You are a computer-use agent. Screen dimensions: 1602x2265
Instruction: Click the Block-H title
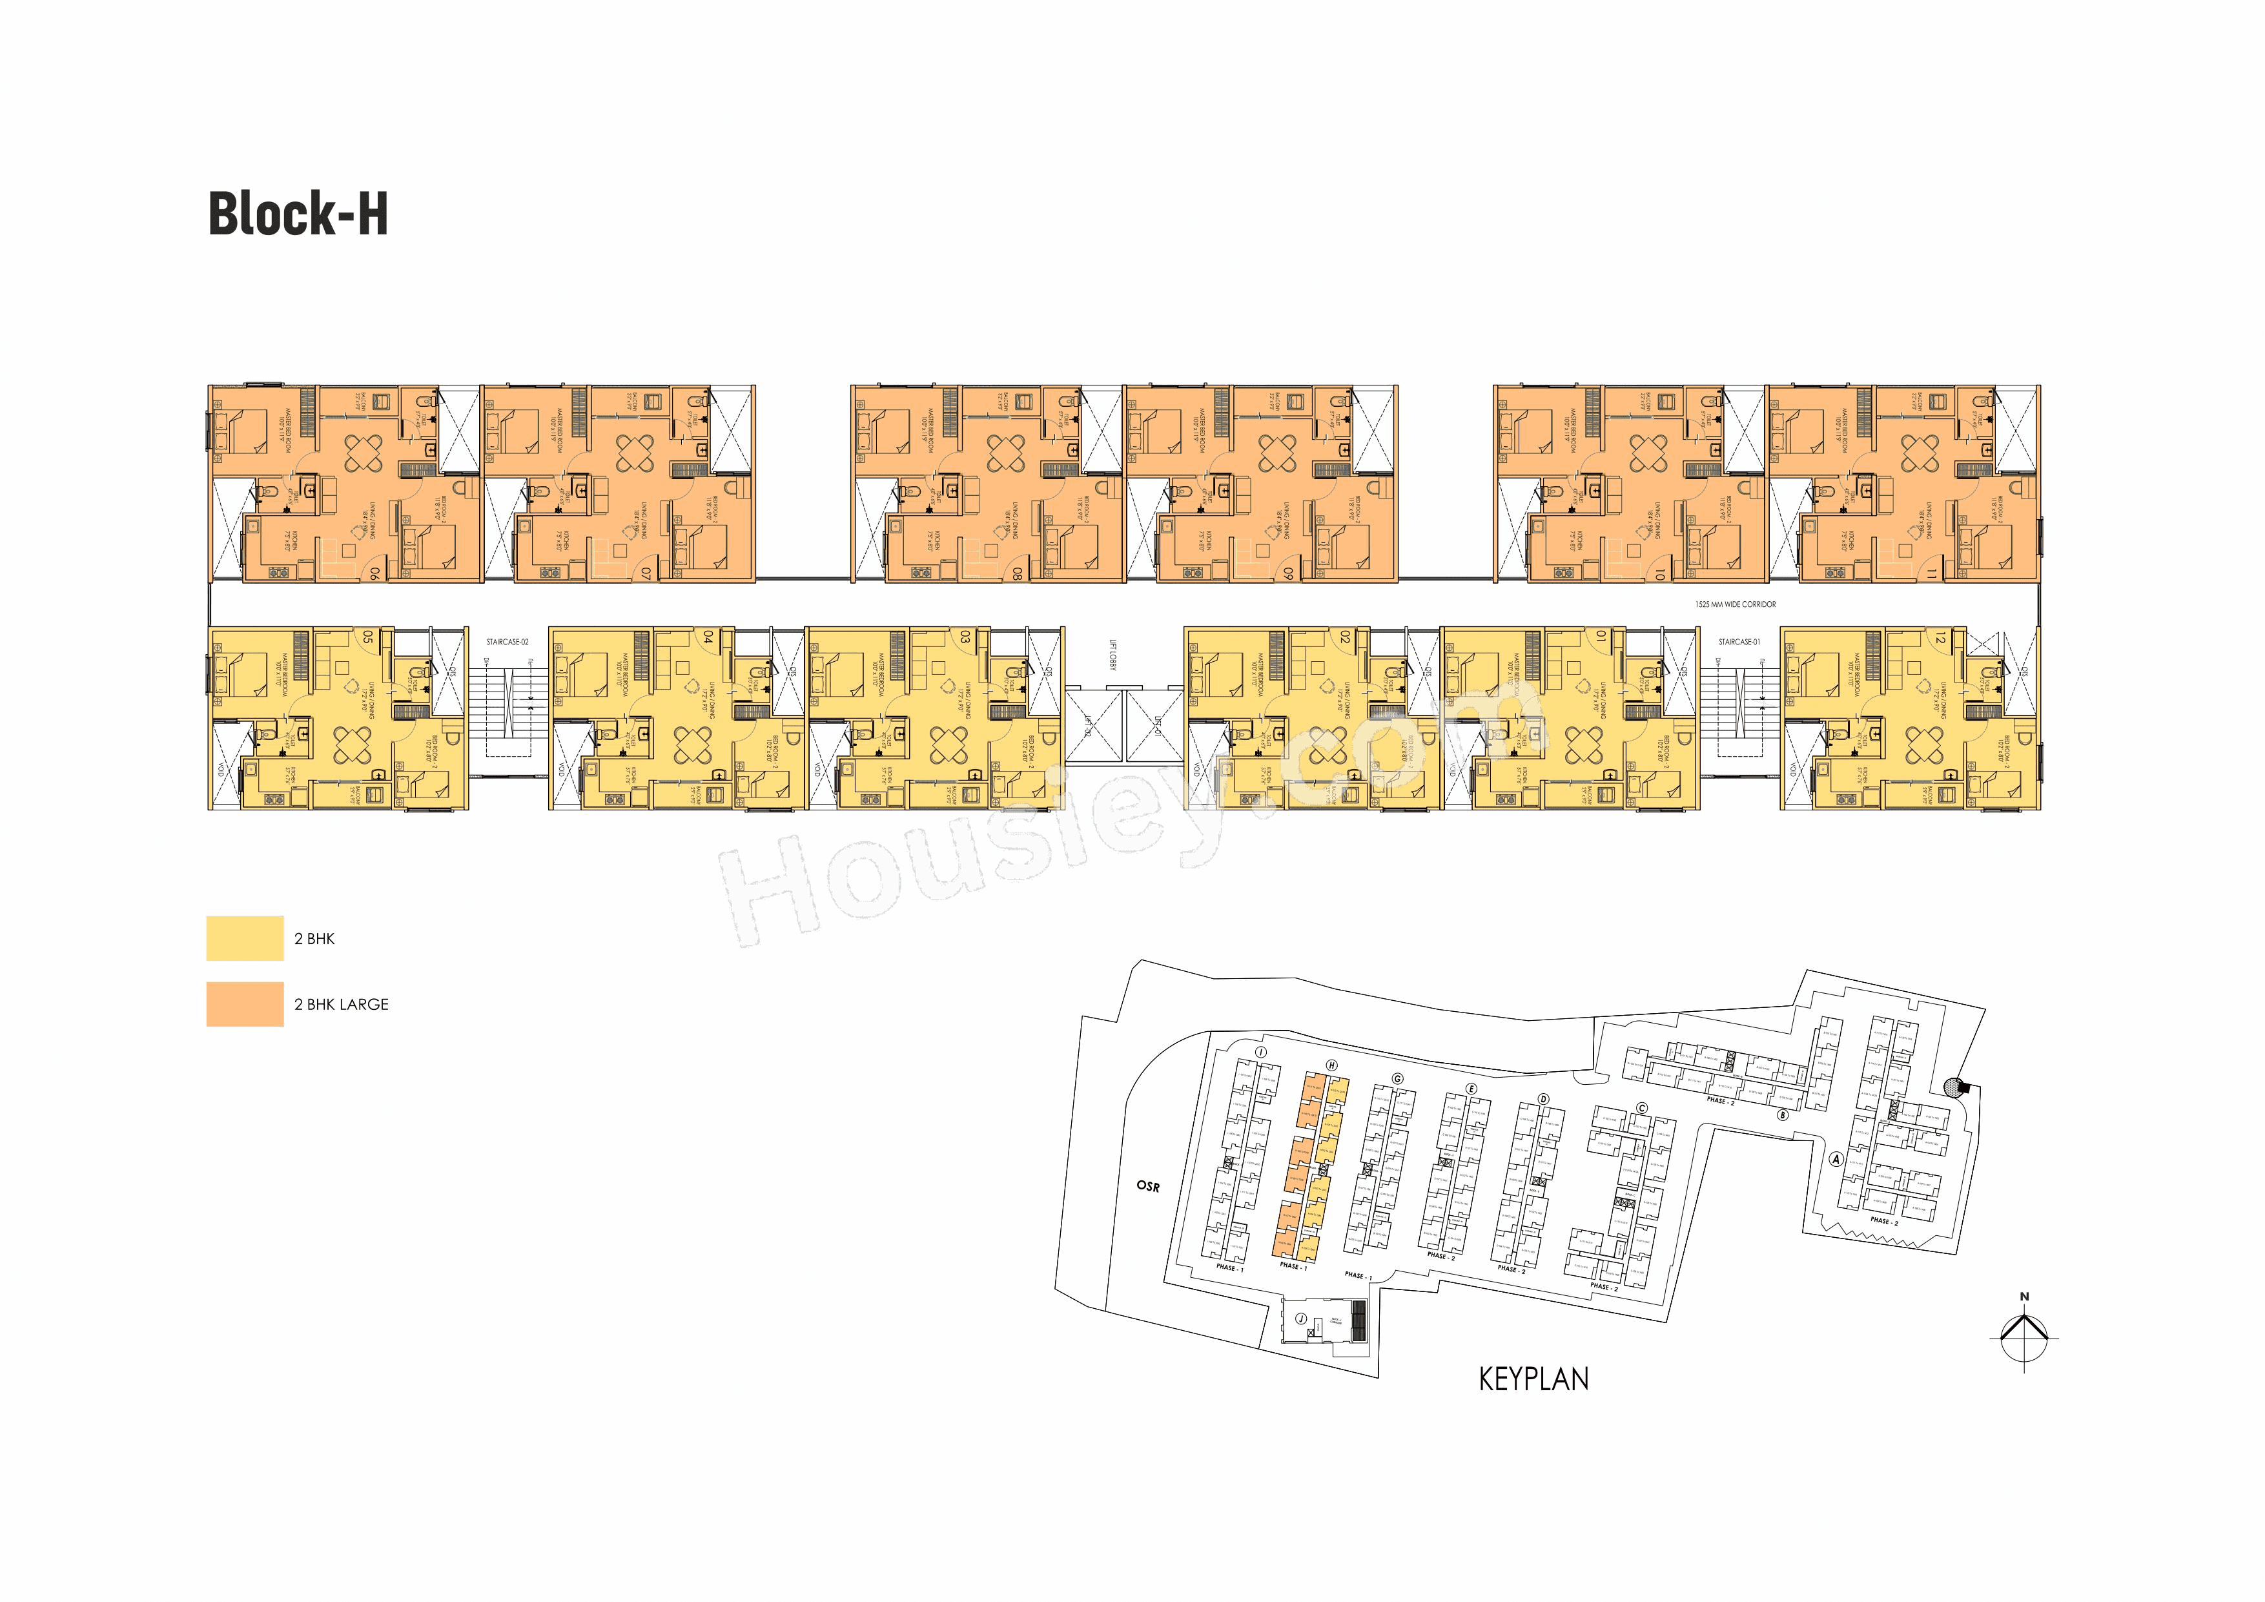(x=298, y=214)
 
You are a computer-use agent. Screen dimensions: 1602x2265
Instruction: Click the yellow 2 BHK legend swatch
(x=245, y=938)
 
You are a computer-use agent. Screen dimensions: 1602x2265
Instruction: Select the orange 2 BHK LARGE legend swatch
(x=245, y=1004)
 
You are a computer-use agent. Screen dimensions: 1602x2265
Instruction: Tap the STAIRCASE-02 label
(x=507, y=642)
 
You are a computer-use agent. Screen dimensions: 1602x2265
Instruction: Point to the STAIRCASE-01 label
(x=1739, y=642)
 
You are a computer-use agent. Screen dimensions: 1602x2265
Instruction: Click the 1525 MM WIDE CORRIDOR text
(x=1736, y=604)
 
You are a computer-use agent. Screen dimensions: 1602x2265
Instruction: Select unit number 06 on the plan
(x=376, y=571)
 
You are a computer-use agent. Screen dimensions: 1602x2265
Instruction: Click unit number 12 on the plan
(x=1940, y=638)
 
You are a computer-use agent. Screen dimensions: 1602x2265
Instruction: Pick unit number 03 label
(x=965, y=638)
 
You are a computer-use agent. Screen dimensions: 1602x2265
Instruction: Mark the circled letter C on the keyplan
(x=1641, y=1108)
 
